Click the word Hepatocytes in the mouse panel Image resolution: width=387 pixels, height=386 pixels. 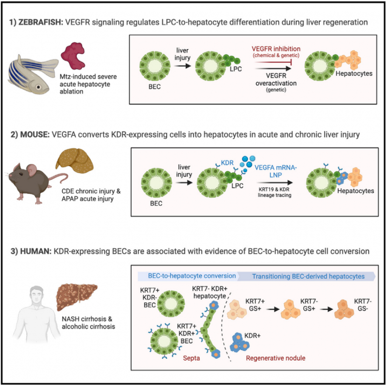tap(355, 191)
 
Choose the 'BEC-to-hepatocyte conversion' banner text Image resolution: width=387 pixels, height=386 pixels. tap(188, 276)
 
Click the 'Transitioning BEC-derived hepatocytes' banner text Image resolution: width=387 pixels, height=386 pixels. tap(308, 276)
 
